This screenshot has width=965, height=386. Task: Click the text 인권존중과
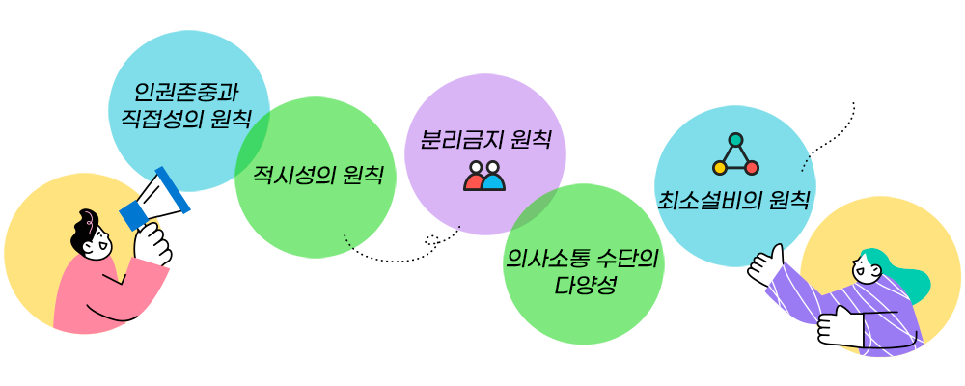pyautogui.click(x=187, y=94)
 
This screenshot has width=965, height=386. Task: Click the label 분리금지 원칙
pyautogui.click(x=484, y=139)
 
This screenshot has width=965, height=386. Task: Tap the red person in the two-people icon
pyautogui.click(x=474, y=177)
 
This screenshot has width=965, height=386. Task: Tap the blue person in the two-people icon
pyautogui.click(x=494, y=177)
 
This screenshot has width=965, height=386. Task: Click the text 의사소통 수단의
pyautogui.click(x=582, y=259)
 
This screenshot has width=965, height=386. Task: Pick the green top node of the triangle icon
pyautogui.click(x=735, y=140)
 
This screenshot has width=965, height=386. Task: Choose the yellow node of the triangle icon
pyautogui.click(x=719, y=168)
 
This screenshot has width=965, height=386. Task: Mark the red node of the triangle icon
pyautogui.click(x=752, y=168)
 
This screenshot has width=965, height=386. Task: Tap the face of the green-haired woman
pyautogui.click(x=867, y=270)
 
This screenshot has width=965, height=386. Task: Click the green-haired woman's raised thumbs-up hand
pyautogui.click(x=766, y=262)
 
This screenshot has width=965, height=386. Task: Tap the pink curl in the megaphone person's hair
pyautogui.click(x=90, y=217)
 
